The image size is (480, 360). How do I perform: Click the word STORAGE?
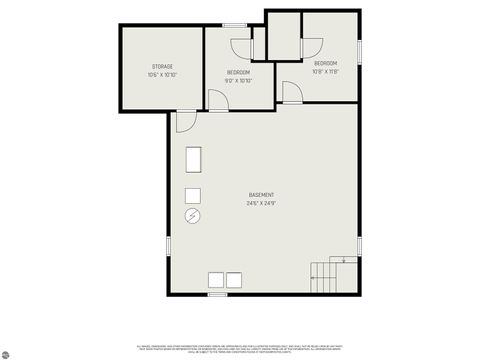(162, 66)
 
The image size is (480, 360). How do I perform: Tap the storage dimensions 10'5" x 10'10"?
(162, 75)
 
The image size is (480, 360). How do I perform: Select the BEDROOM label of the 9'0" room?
(238, 72)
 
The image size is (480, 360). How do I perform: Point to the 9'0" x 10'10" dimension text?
(238, 80)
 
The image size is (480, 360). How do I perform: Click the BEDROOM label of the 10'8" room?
(325, 63)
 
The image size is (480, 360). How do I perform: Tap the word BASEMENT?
(262, 194)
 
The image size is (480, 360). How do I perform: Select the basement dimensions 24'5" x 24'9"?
(262, 203)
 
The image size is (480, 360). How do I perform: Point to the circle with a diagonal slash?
(193, 216)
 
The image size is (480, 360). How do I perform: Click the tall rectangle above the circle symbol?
(193, 161)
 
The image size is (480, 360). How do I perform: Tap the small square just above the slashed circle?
(193, 194)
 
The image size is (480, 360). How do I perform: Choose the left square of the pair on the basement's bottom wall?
(213, 280)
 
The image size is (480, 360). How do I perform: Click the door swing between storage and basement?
(184, 121)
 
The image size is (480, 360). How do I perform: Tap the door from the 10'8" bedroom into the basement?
(291, 92)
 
